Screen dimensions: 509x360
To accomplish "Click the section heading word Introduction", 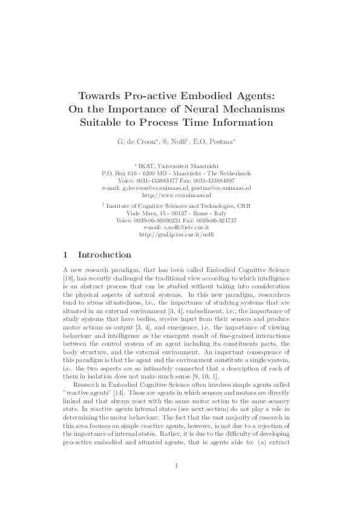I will pos(105,255).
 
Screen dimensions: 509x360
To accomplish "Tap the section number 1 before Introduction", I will pos(65,255).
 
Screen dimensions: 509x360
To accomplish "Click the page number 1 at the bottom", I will pos(176,465).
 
